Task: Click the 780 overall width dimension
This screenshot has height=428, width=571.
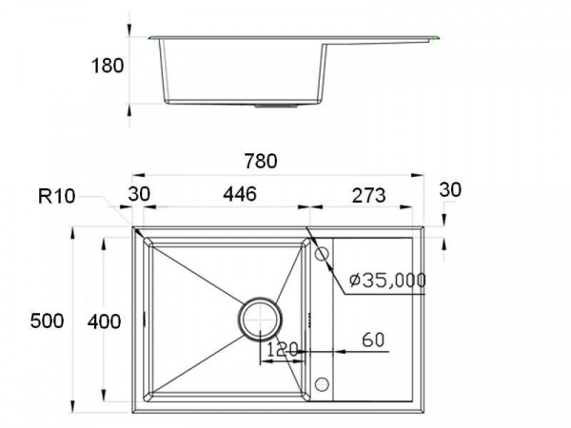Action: [261, 162]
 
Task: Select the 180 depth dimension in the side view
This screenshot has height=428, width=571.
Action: [107, 66]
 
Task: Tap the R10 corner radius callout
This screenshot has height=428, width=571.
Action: [56, 196]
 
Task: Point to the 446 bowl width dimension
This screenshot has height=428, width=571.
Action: [240, 194]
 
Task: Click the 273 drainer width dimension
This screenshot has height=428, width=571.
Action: [368, 195]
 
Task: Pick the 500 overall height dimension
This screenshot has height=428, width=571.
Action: [47, 321]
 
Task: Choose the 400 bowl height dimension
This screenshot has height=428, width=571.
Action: [104, 321]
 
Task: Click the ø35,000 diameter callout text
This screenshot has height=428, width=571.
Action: [387, 281]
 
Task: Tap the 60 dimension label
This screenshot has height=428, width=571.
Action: [373, 340]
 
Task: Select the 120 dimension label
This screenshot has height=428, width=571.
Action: [283, 350]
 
